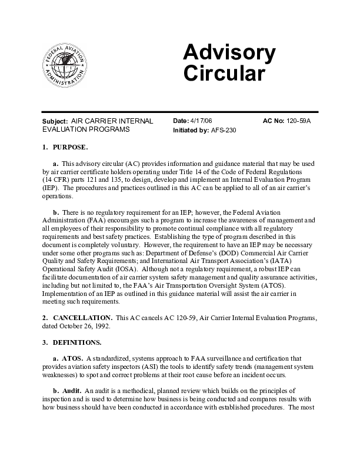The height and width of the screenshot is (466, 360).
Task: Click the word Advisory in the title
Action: pyautogui.click(x=229, y=54)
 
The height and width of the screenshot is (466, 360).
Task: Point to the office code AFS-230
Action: pyautogui.click(x=223, y=130)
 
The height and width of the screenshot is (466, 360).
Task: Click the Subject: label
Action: pyautogui.click(x=55, y=121)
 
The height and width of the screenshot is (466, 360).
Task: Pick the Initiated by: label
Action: pyautogui.click(x=191, y=130)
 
